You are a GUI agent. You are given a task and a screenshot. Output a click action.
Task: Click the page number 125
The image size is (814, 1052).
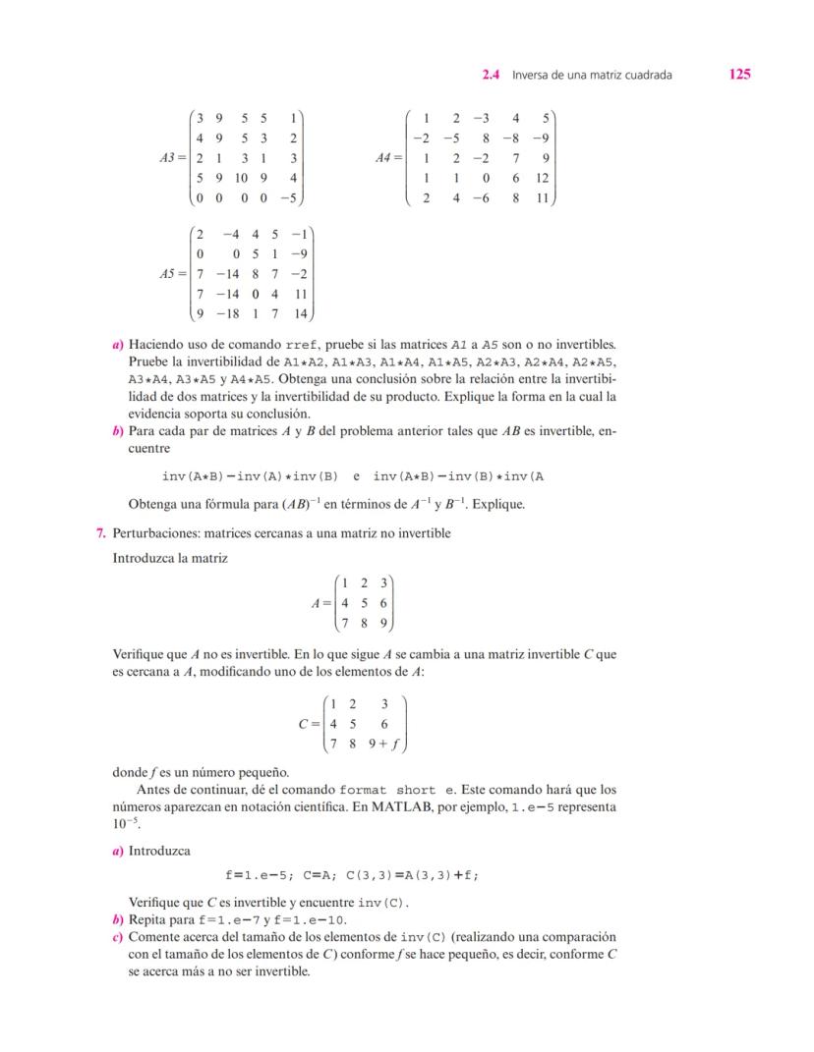(x=740, y=74)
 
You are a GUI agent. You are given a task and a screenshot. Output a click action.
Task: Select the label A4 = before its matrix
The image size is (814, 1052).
(x=389, y=157)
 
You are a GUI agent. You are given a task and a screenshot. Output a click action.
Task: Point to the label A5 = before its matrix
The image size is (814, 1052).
(x=175, y=275)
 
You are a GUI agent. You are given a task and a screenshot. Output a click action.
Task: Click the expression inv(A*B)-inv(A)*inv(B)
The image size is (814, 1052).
(x=250, y=476)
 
